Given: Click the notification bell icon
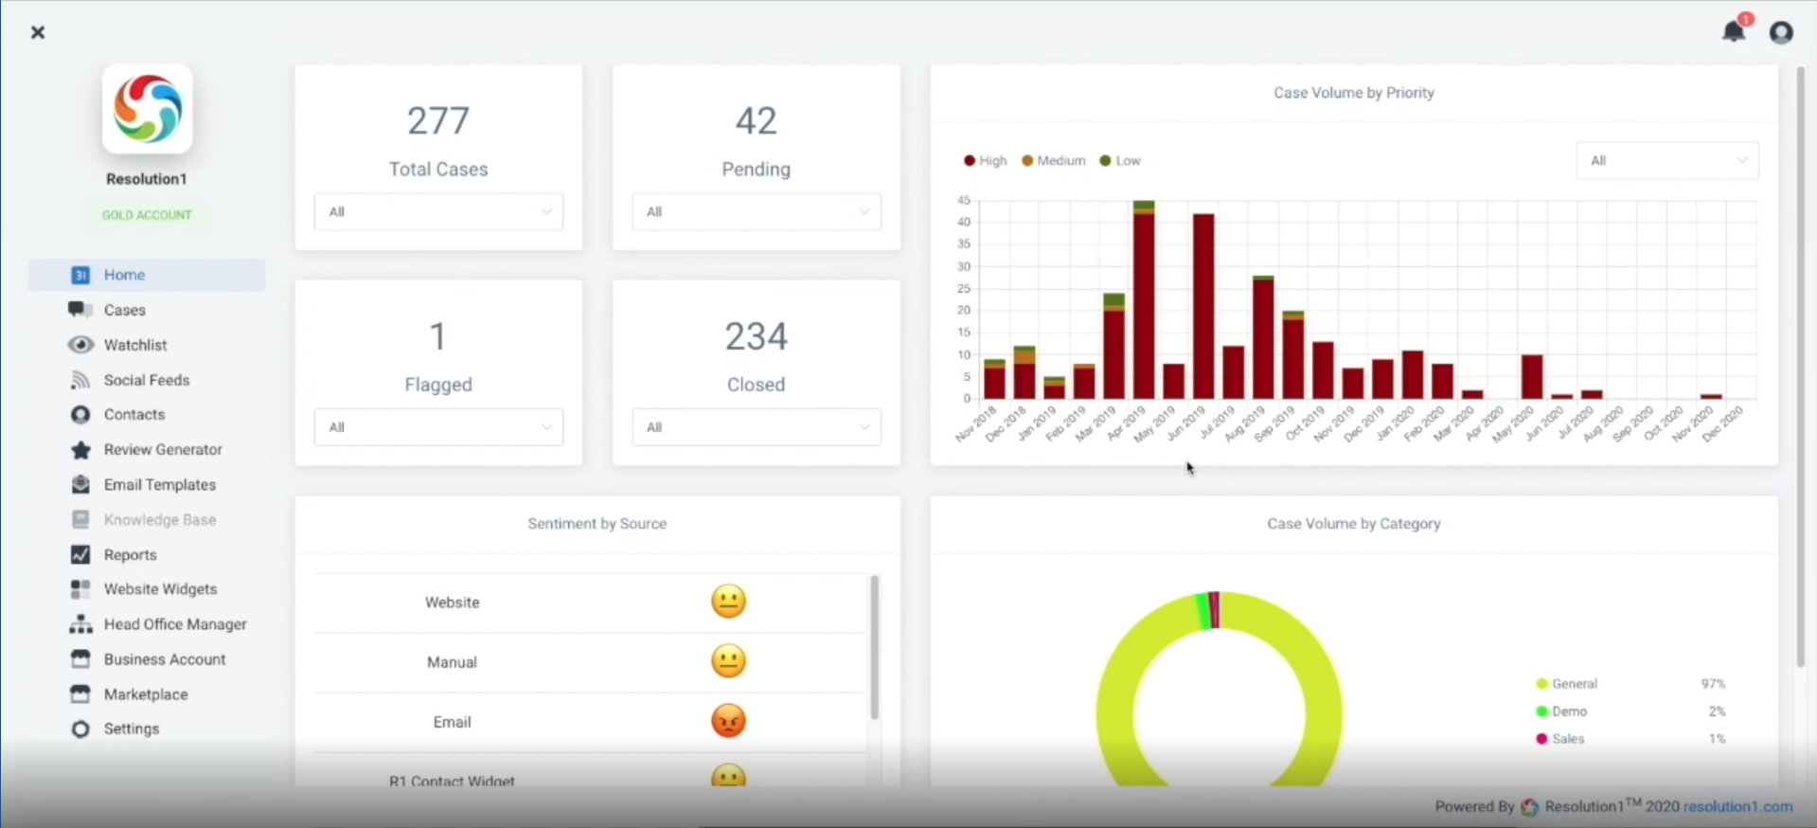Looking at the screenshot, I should [1733, 31].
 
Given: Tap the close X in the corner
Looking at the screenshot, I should [38, 32].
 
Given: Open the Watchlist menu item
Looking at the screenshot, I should [134, 345].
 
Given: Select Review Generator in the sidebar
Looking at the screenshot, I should [162, 449].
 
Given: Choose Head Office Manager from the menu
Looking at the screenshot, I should [174, 624].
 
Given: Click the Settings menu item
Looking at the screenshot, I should [131, 729].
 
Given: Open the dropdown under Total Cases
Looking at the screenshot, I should [438, 212].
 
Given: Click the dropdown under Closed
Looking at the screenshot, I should [756, 427].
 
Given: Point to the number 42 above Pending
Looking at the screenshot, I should [756, 120].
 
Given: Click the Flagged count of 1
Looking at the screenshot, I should [437, 336].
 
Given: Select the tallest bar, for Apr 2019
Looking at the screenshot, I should [1144, 303].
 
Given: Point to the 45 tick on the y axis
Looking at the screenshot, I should [964, 200].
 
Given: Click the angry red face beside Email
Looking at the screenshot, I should [728, 721].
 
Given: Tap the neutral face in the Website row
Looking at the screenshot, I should [728, 602].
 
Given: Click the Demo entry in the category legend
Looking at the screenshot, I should [1569, 711].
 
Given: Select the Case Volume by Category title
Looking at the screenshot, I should [1353, 524].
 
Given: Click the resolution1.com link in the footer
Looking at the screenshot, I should [1737, 806].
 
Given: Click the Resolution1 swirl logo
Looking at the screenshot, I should [148, 109].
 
